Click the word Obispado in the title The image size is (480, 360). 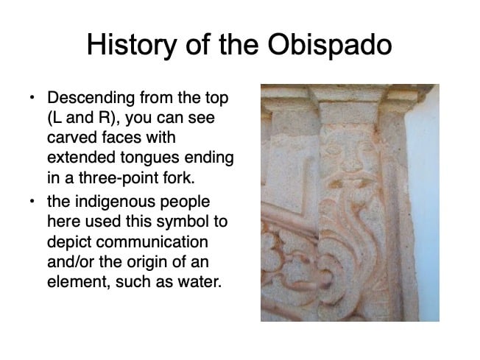(x=330, y=45)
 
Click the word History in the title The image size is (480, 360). (x=132, y=46)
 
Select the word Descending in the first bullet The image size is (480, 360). (x=91, y=99)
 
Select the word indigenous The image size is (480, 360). (x=115, y=202)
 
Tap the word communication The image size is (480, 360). (x=152, y=241)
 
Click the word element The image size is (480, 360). (x=79, y=282)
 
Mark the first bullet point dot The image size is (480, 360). (x=32, y=98)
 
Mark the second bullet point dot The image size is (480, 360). (x=32, y=202)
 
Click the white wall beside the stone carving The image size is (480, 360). (x=425, y=214)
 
